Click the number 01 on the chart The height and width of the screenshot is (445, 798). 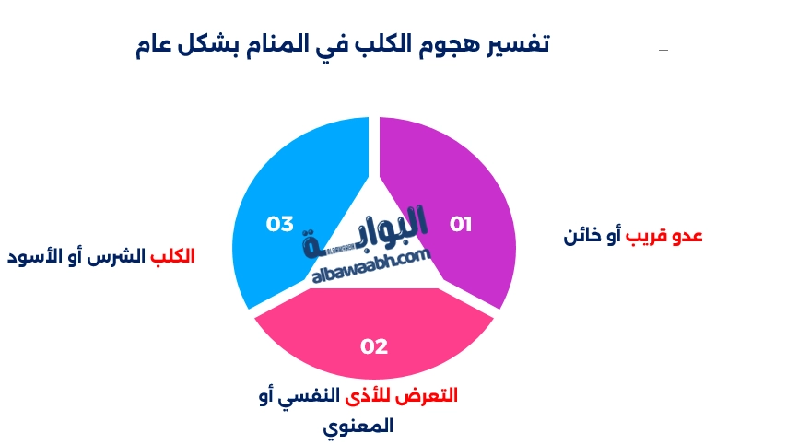click(x=461, y=224)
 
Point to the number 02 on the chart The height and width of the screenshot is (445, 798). click(x=374, y=346)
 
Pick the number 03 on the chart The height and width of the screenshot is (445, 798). click(x=279, y=224)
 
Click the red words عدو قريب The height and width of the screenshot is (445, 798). click(x=665, y=236)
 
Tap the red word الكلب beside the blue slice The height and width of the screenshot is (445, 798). click(x=172, y=256)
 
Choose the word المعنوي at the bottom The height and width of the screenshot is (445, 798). click(x=359, y=427)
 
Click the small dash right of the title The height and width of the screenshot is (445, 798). click(x=663, y=49)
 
